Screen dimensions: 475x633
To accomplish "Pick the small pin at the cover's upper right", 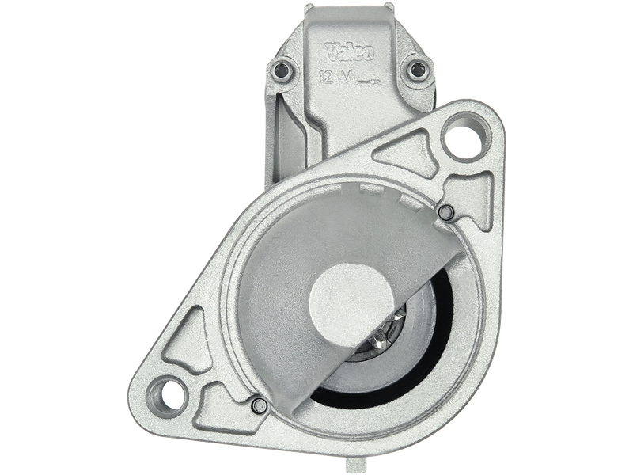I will (445, 212).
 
